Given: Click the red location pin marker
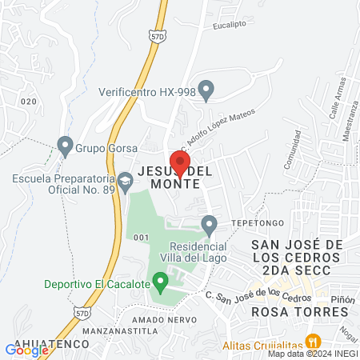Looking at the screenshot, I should coord(180,162).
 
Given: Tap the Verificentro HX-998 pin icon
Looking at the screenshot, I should coord(206,90).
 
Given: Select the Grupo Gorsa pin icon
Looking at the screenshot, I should coord(65,146).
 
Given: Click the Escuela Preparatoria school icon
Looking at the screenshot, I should coord(125,183).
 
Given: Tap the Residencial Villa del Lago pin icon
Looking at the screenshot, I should coord(210,226).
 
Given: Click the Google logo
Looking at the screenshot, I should coord(26,350).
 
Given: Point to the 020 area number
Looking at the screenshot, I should coord(30,101).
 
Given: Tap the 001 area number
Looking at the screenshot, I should coord(142,238).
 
